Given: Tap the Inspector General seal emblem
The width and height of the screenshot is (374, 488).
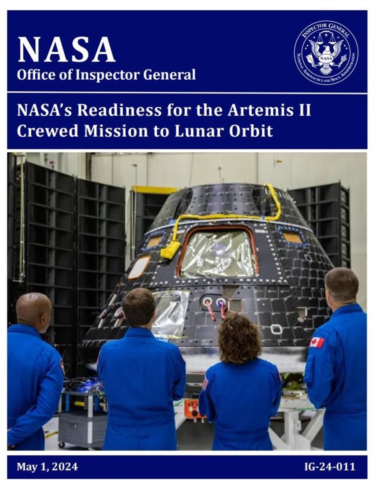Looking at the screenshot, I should tap(326, 52).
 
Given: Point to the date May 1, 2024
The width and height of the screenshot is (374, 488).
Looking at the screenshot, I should tap(47, 467).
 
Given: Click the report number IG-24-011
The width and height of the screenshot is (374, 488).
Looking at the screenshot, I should tap(329, 467).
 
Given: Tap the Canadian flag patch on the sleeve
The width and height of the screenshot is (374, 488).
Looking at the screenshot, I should tap(317, 342).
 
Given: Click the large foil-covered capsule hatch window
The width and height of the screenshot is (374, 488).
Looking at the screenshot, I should tap(218, 253).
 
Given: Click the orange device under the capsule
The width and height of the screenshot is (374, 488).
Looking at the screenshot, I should tap(195, 409).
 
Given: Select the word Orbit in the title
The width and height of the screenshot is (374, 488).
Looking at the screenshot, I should tap(253, 130).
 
